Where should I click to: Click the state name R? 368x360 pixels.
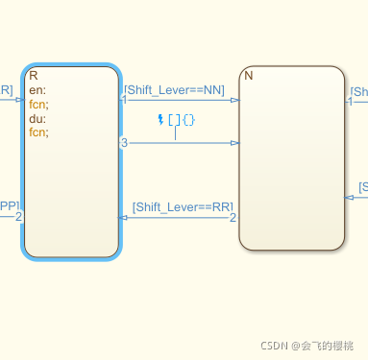coord(34,75)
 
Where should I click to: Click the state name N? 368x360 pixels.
coord(249,75)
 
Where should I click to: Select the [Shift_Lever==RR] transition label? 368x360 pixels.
coord(182,207)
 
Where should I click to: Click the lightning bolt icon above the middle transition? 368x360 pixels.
coord(160,119)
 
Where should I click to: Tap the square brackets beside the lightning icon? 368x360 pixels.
coord(173,119)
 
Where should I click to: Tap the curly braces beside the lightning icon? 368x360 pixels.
coord(188,119)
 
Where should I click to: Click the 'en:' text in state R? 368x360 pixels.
coord(37,91)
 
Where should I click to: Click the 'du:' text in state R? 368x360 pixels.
coord(37,119)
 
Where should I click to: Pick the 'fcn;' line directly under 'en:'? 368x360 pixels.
coord(39,105)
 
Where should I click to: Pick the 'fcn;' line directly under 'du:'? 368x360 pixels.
coord(39,132)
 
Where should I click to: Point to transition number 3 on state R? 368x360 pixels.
coord(124,143)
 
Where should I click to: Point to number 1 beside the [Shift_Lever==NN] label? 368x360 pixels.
coord(124,98)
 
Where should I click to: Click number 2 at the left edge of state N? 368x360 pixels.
coord(233,218)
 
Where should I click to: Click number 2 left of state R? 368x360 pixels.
coord(18,216)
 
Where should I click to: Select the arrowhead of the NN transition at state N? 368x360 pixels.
coord(234,99)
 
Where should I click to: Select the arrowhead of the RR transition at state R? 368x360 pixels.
coord(123,218)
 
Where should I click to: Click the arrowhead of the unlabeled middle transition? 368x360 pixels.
coord(234,143)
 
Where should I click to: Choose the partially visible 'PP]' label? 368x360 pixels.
coord(9,205)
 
